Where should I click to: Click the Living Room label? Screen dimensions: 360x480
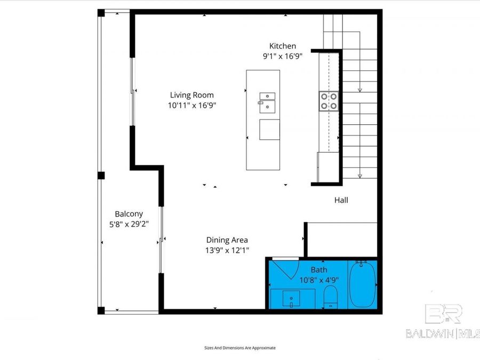point(191,95)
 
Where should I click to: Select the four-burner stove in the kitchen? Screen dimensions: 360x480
point(329,101)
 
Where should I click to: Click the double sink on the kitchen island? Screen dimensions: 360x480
point(267,103)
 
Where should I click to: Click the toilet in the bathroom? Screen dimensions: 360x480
point(331,297)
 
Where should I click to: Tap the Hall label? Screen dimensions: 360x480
point(341,201)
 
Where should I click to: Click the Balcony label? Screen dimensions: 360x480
point(129,214)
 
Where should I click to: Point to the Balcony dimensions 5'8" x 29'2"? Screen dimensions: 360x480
point(129,224)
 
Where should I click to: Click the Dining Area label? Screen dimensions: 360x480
point(227,240)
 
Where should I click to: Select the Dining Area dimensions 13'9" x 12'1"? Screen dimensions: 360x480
point(227,250)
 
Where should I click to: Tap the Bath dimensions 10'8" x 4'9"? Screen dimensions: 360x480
point(319,280)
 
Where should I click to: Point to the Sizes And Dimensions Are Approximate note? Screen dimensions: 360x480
point(240,348)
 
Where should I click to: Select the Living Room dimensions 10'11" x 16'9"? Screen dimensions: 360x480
point(191,106)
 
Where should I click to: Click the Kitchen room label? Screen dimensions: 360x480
point(282,46)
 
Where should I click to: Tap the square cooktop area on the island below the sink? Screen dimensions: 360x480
point(269,130)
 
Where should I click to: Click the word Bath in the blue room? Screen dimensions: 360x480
point(319,270)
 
